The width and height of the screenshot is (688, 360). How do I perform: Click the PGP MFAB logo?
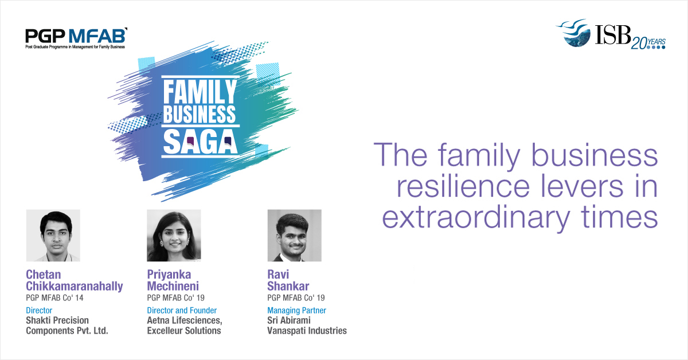click(76, 38)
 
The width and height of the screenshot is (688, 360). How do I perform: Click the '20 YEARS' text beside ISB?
click(648, 44)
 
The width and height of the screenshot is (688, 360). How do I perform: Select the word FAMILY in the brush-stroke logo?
click(200, 92)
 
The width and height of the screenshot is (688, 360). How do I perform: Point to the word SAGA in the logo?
click(200, 142)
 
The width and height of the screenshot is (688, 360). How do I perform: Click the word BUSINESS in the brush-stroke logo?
click(200, 114)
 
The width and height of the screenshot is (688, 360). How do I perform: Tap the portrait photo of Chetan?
click(53, 236)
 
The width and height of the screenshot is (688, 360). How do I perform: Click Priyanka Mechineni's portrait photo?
click(174, 236)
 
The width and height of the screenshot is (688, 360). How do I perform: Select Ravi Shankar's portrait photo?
click(295, 236)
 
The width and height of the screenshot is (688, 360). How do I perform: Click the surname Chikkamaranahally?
click(75, 286)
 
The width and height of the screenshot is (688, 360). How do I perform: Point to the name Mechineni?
click(173, 286)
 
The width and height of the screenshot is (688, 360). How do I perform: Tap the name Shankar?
click(288, 286)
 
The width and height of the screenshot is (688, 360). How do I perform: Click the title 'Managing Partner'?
click(297, 310)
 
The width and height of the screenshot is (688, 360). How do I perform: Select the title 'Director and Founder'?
click(182, 310)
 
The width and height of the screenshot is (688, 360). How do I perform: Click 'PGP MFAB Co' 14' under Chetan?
click(54, 298)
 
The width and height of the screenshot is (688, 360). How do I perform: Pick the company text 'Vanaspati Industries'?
click(307, 331)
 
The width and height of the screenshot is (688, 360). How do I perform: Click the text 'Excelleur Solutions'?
click(184, 331)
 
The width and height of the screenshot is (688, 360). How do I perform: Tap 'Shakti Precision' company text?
click(57, 320)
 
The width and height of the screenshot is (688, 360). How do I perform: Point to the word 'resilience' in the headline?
click(463, 186)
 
